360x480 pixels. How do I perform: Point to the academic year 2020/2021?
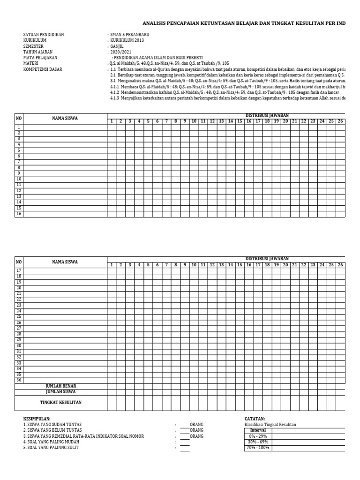pyautogui.click(x=120, y=52)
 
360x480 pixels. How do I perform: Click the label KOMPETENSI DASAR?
pyautogui.click(x=43, y=69)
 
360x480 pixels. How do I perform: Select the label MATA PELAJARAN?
pyautogui.click(x=40, y=58)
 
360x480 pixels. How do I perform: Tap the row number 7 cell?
pyautogui.click(x=19, y=162)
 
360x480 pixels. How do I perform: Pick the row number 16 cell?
pyautogui.click(x=19, y=214)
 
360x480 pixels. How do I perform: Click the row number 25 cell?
pyautogui.click(x=19, y=317)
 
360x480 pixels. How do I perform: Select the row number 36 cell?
pyautogui.click(x=19, y=380)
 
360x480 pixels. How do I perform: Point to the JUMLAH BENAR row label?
pyautogui.click(x=60, y=386)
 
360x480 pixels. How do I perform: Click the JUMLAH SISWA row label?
pyautogui.click(x=60, y=391)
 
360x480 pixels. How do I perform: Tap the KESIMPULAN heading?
pyautogui.click(x=37, y=419)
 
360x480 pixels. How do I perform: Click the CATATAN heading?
pyautogui.click(x=255, y=419)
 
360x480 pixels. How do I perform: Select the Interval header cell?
pyautogui.click(x=258, y=430)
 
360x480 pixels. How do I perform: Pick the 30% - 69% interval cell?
pyautogui.click(x=258, y=442)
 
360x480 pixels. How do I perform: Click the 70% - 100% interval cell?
pyautogui.click(x=258, y=448)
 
